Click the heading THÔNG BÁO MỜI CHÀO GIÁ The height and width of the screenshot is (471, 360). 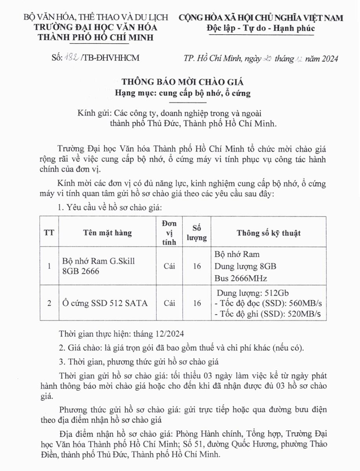pos(183,82)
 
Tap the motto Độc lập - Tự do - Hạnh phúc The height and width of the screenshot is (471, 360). pos(260,28)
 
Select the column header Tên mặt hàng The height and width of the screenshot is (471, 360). pos(107,233)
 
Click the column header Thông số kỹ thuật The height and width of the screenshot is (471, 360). pos(269,233)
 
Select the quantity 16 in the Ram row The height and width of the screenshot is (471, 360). pos(197,267)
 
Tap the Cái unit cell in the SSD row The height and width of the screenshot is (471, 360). pos(169,303)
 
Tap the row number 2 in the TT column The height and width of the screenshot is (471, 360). pos(49,303)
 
